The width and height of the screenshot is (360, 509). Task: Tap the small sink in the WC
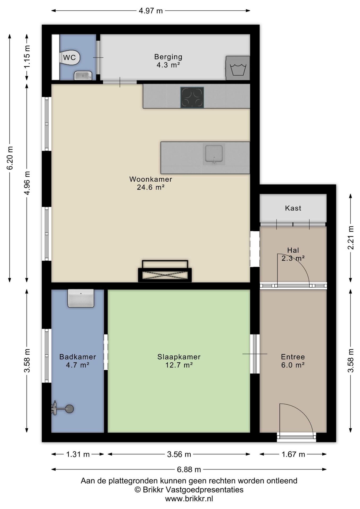83,76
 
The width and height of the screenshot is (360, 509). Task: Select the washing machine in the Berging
238,68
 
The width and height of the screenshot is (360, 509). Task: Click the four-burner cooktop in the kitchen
192,97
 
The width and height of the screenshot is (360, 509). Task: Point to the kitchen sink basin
214,154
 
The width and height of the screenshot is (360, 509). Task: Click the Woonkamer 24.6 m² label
151,183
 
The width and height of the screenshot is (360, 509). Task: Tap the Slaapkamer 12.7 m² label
179,361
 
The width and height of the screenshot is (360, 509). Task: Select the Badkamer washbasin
81,298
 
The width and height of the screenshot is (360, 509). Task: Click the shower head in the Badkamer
69,409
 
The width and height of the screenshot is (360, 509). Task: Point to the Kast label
293,208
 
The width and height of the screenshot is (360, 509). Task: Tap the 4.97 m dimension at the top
151,11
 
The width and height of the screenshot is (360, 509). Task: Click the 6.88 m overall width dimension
189,469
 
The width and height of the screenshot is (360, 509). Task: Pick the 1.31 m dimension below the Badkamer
78,454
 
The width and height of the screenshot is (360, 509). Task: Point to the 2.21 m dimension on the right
350,238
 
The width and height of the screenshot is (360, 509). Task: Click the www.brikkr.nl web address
189,499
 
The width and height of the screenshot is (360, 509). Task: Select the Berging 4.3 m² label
168,61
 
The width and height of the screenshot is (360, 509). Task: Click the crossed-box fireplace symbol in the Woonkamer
165,271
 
